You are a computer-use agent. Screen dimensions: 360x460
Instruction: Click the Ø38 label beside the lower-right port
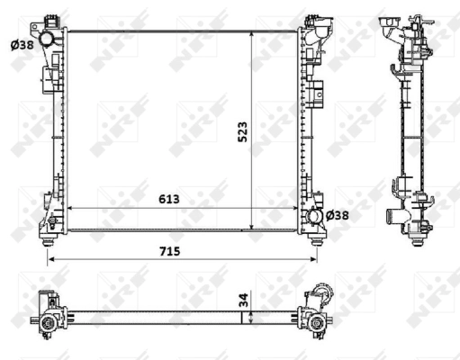click(337, 215)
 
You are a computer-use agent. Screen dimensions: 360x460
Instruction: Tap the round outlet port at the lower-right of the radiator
click(311, 216)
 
